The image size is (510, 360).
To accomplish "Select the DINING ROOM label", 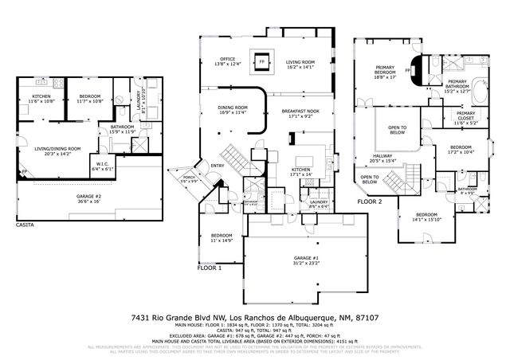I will pos(232,110).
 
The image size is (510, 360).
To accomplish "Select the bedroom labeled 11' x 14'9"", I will pos(222,237).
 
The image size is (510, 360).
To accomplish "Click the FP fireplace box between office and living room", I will pos(261,60).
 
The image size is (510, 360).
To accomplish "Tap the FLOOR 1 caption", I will pos(209,269).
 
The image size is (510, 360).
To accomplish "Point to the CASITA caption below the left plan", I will pos(25,225).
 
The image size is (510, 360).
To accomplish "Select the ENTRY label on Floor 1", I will pos(215,166).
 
